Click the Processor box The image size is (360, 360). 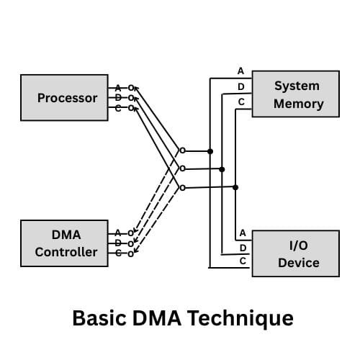(x=67, y=97)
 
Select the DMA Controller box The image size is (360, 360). (x=67, y=243)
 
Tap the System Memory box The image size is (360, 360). (x=295, y=94)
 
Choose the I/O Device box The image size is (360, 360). (x=295, y=253)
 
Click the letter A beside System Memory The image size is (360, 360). (x=241, y=71)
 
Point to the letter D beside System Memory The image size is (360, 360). (x=241, y=87)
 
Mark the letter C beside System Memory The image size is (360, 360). (x=241, y=103)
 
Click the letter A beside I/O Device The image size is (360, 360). (x=243, y=233)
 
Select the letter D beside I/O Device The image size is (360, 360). (x=243, y=248)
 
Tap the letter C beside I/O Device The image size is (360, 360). (x=243, y=261)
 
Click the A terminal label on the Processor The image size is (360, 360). (x=118, y=88)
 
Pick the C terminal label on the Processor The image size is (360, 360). (x=118, y=108)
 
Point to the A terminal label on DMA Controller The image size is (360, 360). (x=118, y=233)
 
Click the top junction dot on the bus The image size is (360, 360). (x=210, y=151)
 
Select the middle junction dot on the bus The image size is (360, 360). (x=222, y=169)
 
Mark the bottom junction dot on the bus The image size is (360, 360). (x=235, y=187)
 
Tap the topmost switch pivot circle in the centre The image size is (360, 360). (x=182, y=151)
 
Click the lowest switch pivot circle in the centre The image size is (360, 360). (x=182, y=188)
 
